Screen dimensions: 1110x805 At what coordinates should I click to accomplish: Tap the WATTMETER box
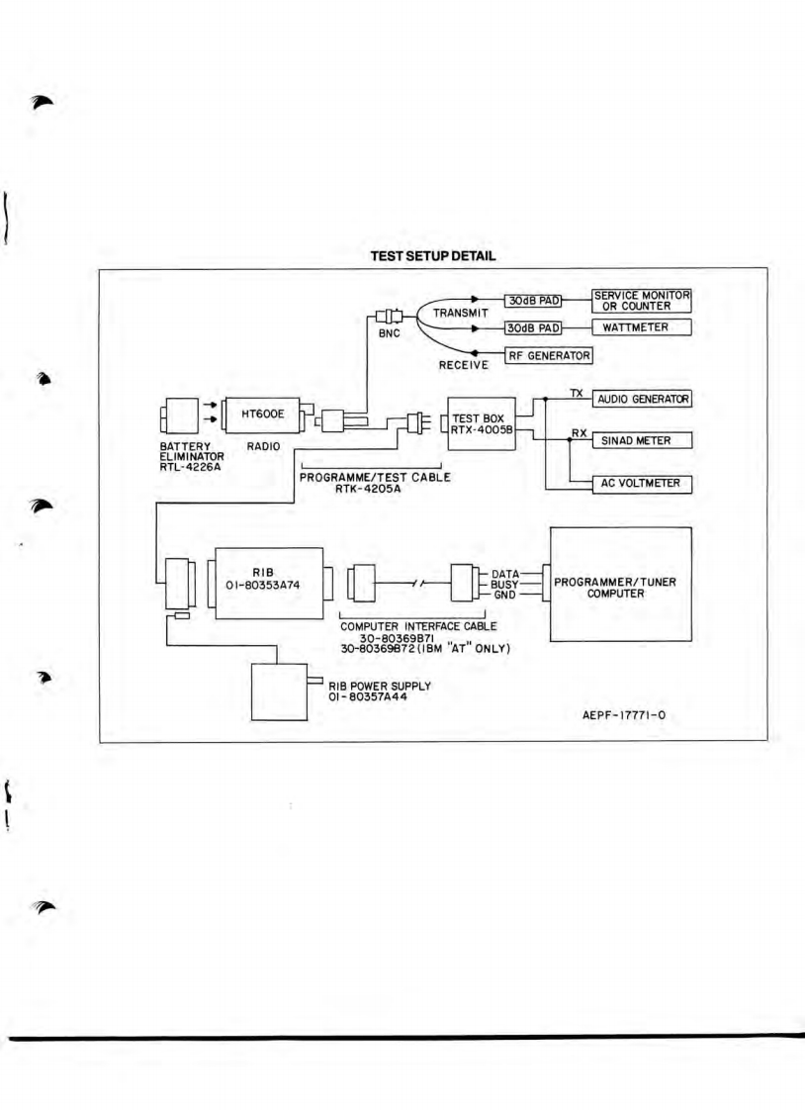pyautogui.click(x=641, y=327)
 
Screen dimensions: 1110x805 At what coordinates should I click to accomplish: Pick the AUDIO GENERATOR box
pyautogui.click(x=641, y=399)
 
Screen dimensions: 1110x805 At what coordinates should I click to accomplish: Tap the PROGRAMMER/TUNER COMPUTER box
pyautogui.click(x=620, y=584)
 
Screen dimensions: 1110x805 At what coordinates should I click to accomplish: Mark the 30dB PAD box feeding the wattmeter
pyautogui.click(x=533, y=326)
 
